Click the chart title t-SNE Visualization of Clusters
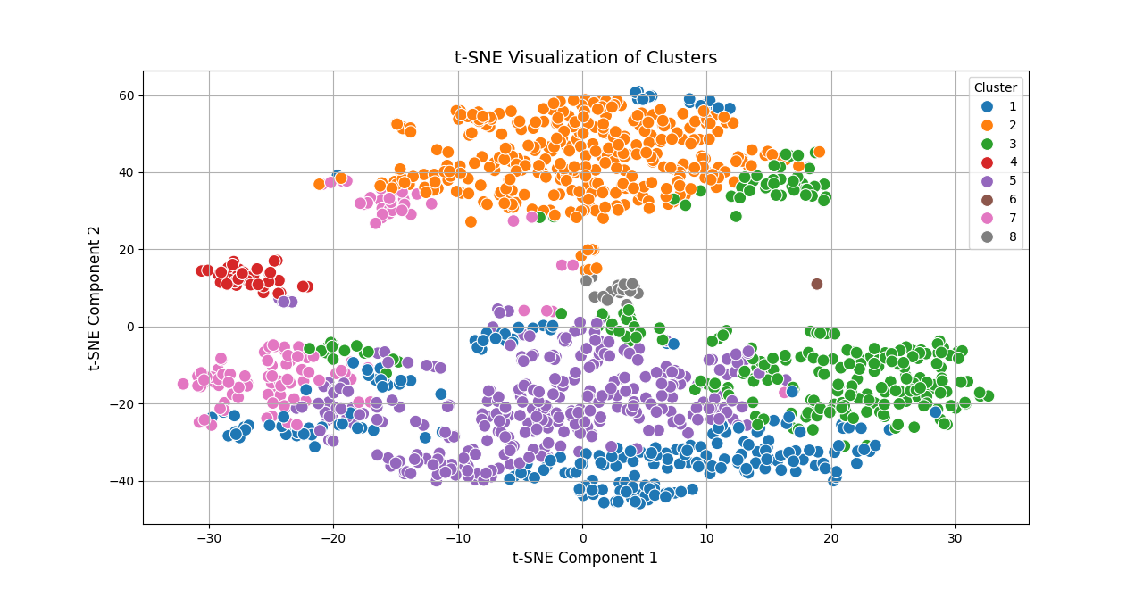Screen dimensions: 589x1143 (x=585, y=58)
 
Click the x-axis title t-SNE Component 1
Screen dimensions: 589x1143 (x=585, y=558)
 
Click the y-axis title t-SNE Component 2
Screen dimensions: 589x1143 (x=95, y=298)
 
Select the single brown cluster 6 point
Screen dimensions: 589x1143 (x=816, y=284)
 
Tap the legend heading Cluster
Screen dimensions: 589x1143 (x=995, y=87)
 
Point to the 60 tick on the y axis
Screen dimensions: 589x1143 (x=126, y=95)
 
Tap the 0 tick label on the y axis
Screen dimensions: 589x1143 (x=130, y=327)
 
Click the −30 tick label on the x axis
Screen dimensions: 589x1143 (x=208, y=537)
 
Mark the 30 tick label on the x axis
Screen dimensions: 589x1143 (x=955, y=537)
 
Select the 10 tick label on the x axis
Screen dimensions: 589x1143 (x=706, y=537)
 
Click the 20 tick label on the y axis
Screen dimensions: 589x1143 (x=126, y=250)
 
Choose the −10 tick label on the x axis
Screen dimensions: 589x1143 (x=457, y=537)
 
